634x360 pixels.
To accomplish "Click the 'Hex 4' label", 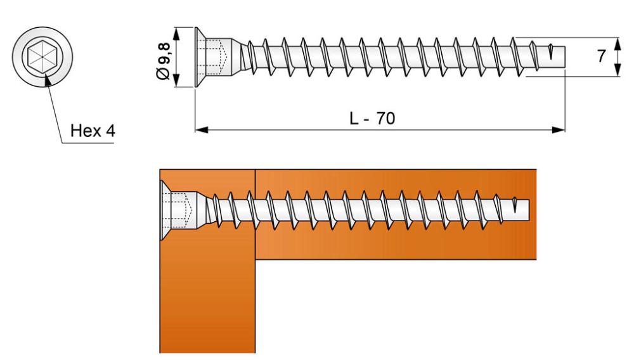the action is click(93, 131).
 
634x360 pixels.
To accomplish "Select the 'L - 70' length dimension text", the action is click(372, 119).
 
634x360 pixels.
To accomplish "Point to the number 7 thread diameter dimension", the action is click(601, 56).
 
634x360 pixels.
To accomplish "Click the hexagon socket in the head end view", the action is click(42, 56).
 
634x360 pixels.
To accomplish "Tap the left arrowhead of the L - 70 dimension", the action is click(202, 130).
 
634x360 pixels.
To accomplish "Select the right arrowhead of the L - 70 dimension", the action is click(559, 130).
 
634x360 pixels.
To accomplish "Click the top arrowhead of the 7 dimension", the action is click(617, 44).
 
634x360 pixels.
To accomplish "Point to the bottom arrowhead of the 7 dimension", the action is click(617, 70).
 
